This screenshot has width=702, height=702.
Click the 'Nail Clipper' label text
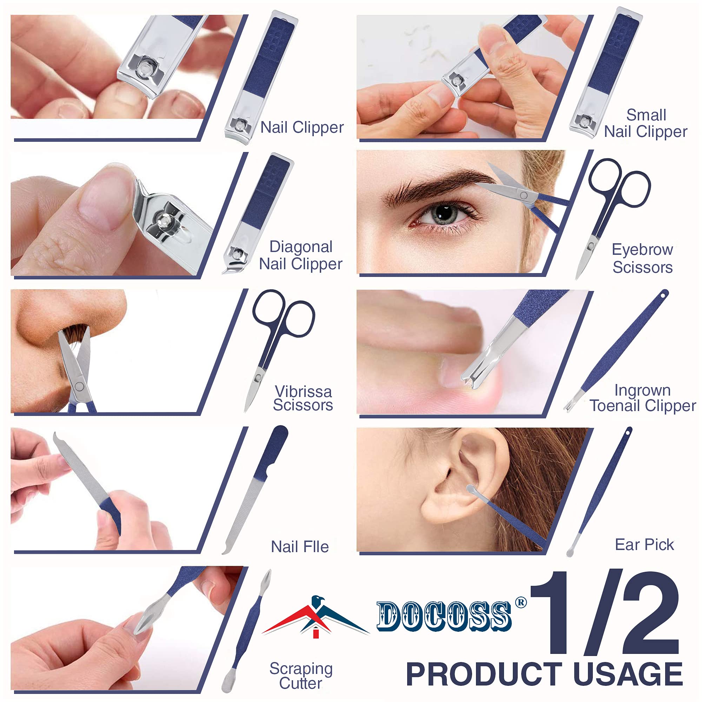click(302, 127)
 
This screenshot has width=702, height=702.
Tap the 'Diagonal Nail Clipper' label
click(300, 256)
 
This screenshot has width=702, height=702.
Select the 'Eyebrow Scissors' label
click(642, 258)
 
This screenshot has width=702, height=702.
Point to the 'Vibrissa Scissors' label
click(303, 398)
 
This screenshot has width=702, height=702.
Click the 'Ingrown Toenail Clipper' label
click(642, 398)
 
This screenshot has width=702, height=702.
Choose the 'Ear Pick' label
click(644, 545)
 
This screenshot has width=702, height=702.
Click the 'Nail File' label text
click(300, 547)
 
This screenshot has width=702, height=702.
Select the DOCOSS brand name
click(444, 616)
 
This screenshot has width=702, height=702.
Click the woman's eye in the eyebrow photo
click(444, 214)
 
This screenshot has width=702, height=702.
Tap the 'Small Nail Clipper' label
click(646, 123)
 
